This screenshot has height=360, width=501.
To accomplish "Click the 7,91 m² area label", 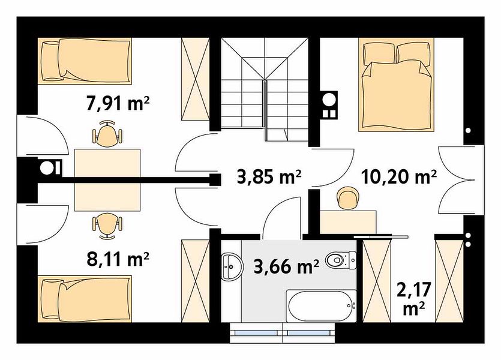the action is pyautogui.click(x=118, y=103).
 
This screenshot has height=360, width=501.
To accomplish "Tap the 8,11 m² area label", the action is pyautogui.click(x=118, y=259).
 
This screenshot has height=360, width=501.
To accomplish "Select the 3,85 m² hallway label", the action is pyautogui.click(x=269, y=176).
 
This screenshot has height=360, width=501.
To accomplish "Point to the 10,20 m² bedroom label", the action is pyautogui.click(x=399, y=176).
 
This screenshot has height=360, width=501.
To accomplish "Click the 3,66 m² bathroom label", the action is pyautogui.click(x=286, y=266).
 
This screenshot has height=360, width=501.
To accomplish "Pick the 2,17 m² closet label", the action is pyautogui.click(x=414, y=299).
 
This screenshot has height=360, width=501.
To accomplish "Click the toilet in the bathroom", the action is pyautogui.click(x=341, y=260).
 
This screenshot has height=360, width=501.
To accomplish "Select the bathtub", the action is pyautogui.click(x=321, y=305).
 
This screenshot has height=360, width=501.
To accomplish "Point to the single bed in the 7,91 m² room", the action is pyautogui.click(x=85, y=61).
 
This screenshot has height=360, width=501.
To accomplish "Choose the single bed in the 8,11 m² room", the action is pyautogui.click(x=85, y=299).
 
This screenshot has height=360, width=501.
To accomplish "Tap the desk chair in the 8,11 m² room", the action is pyautogui.click(x=107, y=226).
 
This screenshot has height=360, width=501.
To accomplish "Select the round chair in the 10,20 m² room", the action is pyautogui.click(x=347, y=198).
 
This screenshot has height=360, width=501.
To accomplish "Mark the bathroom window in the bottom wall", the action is pyautogui.click(x=283, y=333).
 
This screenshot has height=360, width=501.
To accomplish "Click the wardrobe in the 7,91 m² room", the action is pyautogui.click(x=195, y=79).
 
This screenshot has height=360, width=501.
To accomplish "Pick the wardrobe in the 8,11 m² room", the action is pyautogui.click(x=195, y=281).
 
